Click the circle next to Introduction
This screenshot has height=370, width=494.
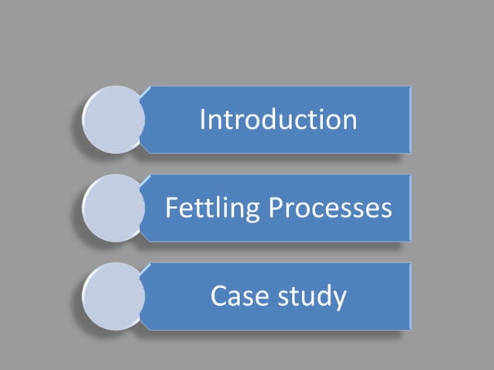coord(114,119)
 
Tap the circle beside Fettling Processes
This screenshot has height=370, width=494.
coord(114,207)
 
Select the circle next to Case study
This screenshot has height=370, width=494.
coord(114,296)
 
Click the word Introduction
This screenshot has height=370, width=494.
coord(278,120)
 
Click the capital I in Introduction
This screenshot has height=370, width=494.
coord(203,120)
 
